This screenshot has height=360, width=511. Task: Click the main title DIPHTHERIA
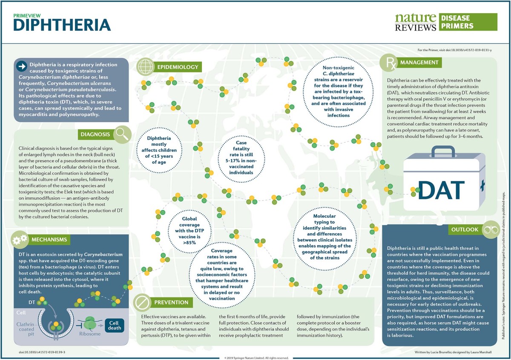[x=62, y=25]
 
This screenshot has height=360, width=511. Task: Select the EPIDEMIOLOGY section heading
[x=178, y=67]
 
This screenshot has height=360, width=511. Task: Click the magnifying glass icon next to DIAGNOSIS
[x=122, y=134]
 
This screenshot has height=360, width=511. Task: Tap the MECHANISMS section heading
[x=49, y=240]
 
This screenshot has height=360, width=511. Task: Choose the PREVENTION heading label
[x=171, y=303]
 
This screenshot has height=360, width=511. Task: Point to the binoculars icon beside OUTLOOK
[x=490, y=230]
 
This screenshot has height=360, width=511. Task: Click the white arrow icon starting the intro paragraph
[x=21, y=66]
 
